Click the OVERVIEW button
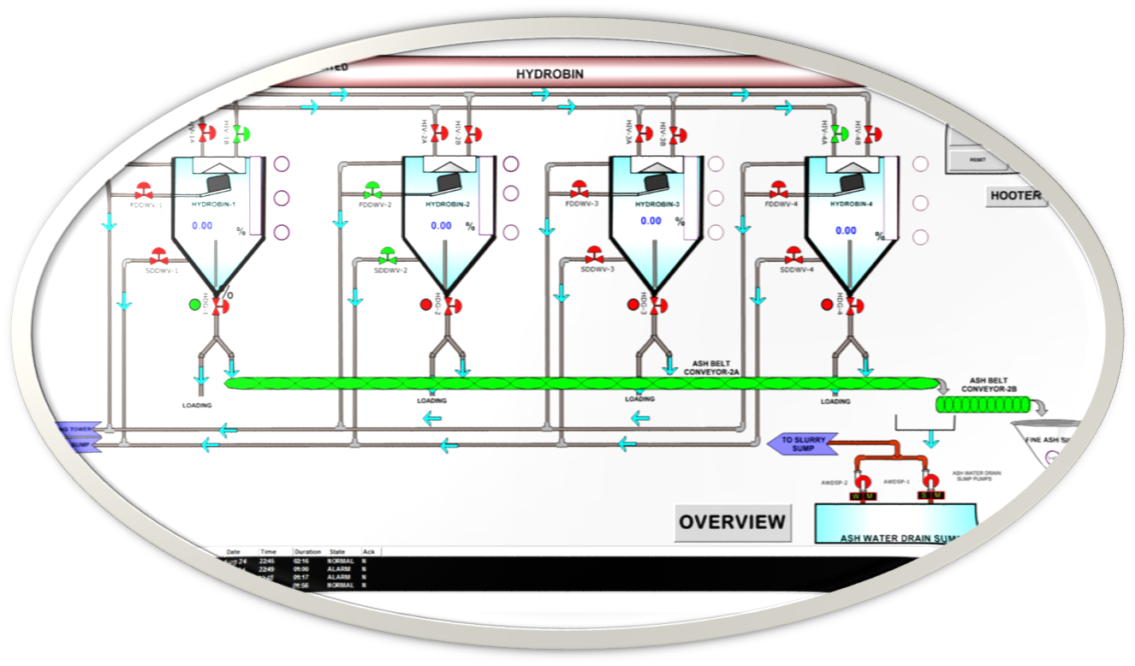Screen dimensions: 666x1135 click(732, 521)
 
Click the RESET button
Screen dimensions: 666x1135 click(977, 159)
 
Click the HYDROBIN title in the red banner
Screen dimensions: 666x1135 click(550, 74)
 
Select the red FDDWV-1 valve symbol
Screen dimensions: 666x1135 click(144, 190)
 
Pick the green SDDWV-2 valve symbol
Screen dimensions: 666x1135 click(388, 255)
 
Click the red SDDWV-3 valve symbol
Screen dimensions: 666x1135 click(594, 255)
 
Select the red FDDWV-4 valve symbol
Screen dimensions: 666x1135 click(779, 189)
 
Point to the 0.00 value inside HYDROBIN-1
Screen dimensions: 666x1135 click(202, 226)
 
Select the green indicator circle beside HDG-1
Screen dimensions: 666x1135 click(194, 304)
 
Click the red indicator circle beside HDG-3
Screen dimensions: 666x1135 click(633, 305)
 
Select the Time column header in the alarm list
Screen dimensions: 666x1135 click(269, 552)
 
